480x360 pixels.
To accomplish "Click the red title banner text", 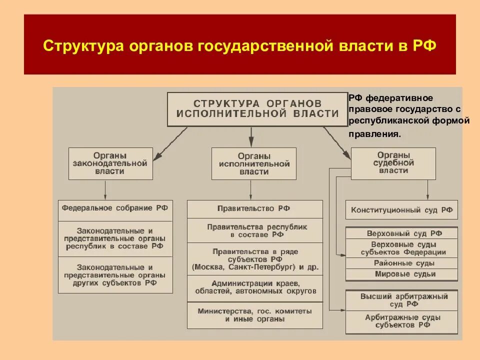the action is pyautogui.click(x=239, y=46).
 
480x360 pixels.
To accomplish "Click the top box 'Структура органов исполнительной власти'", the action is pyautogui.click(x=257, y=108).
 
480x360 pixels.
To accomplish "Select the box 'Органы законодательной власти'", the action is pyautogui.click(x=110, y=163).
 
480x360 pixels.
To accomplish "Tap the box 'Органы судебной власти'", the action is pyautogui.click(x=393, y=163).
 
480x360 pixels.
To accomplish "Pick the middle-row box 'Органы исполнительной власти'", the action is pyautogui.click(x=253, y=163).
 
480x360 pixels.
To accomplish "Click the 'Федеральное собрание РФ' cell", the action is pyautogui.click(x=115, y=208).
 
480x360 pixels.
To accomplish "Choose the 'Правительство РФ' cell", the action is pyautogui.click(x=254, y=208).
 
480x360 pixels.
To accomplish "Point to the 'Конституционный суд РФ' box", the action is pyautogui.click(x=401, y=210).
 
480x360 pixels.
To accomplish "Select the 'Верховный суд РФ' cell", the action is pyautogui.click(x=401, y=233).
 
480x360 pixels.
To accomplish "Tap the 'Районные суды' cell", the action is pyautogui.click(x=401, y=263).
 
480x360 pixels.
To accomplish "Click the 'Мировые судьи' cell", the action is pyautogui.click(x=401, y=274).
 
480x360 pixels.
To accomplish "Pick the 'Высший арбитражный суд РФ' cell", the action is pyautogui.click(x=401, y=300).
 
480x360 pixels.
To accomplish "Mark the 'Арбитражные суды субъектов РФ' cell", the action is pyautogui.click(x=401, y=321).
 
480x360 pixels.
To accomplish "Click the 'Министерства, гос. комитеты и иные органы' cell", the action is pyautogui.click(x=254, y=315).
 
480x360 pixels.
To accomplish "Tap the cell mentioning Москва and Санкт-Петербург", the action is pyautogui.click(x=254, y=259).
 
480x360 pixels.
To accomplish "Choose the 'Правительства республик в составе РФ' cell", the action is pyautogui.click(x=254, y=230).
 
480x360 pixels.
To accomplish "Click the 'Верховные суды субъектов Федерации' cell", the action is pyautogui.click(x=401, y=248).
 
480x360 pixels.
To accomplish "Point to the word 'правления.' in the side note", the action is pyautogui.click(x=374, y=134).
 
